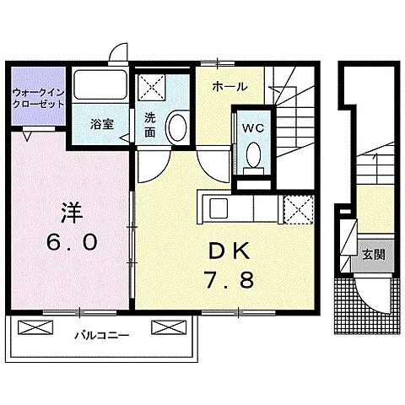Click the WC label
tap(253, 129)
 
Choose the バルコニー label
tap(105, 335)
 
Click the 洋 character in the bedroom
tap(69, 210)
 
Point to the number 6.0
tap(71, 242)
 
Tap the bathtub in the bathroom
tap(99, 87)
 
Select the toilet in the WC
tap(252, 155)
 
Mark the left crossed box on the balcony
tap(29, 328)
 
